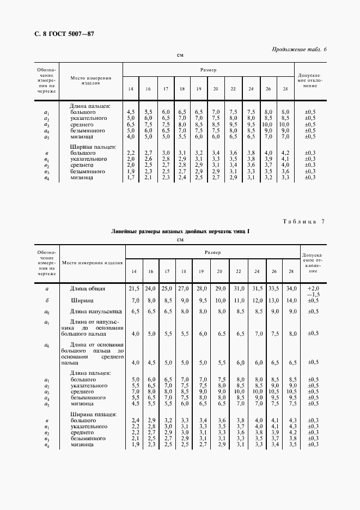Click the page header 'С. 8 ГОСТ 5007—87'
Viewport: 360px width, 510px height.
tap(53, 34)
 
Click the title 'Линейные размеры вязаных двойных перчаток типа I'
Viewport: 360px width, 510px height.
tap(180, 232)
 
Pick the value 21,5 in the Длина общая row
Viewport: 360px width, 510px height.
tap(133, 288)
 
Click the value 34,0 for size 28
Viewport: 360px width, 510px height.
tap(292, 288)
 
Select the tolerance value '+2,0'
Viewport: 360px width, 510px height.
tap(313, 288)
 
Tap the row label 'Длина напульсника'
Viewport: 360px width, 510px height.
tap(91, 311)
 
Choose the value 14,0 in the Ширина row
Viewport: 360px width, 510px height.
tap(292, 300)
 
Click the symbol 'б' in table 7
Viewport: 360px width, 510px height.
tap(48, 300)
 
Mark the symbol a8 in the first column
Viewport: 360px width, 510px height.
tap(48, 312)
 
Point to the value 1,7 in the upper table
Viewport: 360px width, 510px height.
tap(131, 178)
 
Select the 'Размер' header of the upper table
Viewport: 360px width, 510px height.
tap(208, 70)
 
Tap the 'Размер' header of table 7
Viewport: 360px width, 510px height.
tap(212, 253)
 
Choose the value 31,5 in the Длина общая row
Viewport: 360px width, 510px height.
tap(258, 288)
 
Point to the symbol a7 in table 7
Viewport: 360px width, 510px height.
tap(48, 323)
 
